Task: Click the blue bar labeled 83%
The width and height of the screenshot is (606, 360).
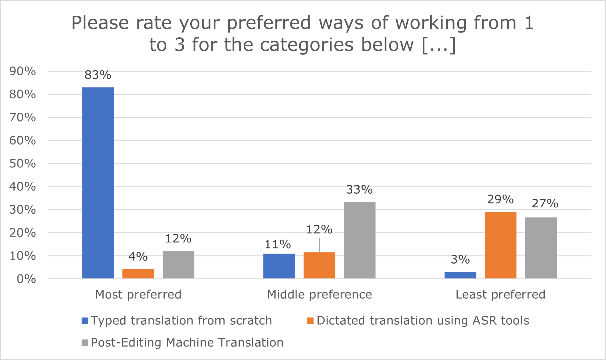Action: point(98,183)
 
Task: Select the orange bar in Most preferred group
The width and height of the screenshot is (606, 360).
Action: point(138,274)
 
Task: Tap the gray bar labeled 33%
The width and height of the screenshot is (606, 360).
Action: point(359,240)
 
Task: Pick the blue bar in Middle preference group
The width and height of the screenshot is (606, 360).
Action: point(279,266)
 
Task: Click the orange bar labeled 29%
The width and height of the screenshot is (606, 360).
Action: point(500,245)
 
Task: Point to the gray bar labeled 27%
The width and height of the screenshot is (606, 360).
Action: point(541,248)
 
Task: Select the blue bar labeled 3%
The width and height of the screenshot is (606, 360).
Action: point(460,275)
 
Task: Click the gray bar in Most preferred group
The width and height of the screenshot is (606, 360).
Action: point(178,265)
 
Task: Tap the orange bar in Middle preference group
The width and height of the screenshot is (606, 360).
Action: point(319,265)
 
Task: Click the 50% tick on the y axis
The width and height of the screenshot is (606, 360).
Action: point(23,164)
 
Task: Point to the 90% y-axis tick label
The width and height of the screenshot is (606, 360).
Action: point(23,71)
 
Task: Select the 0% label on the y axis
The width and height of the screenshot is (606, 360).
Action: point(26,279)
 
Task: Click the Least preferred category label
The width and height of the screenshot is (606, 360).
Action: point(500,294)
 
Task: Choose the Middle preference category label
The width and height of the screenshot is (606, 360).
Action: point(319,294)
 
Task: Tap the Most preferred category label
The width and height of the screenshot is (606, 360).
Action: point(138,294)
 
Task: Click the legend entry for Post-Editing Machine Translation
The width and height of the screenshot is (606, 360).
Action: point(187,342)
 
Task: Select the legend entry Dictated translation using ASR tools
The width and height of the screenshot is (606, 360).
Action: point(423,321)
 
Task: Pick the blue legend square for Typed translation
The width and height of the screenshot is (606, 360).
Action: point(85,321)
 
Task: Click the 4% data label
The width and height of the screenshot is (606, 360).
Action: point(138,257)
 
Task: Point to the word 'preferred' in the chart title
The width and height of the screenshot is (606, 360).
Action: point(268,23)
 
